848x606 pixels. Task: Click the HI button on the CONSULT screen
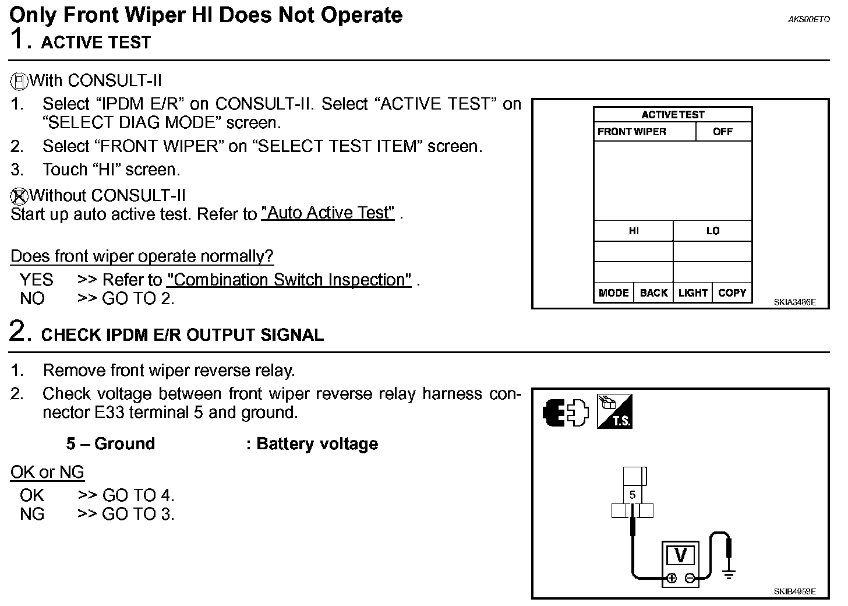[x=634, y=231]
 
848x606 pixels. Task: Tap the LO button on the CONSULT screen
[x=712, y=231]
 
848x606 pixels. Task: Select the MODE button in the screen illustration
[x=613, y=293]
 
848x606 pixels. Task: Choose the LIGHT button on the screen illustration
[x=692, y=293]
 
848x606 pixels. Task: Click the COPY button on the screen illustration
[x=732, y=293]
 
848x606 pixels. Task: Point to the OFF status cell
[x=723, y=132]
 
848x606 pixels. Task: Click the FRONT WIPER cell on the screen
[x=632, y=132]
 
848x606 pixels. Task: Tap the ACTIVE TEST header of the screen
[x=673, y=115]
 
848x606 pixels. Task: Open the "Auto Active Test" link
[x=328, y=213]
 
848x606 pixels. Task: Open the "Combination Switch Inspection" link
[x=289, y=280]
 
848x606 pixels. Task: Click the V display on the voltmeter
[x=680, y=555]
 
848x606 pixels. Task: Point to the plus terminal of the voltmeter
[x=672, y=578]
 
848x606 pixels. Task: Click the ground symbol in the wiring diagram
[x=728, y=573]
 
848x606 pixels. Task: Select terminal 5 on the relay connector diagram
[x=633, y=495]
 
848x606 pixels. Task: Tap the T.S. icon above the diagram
[x=614, y=412]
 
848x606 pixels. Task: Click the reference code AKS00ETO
[x=808, y=19]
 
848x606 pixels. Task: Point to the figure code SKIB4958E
[x=794, y=591]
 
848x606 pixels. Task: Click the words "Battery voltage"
[x=317, y=444]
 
